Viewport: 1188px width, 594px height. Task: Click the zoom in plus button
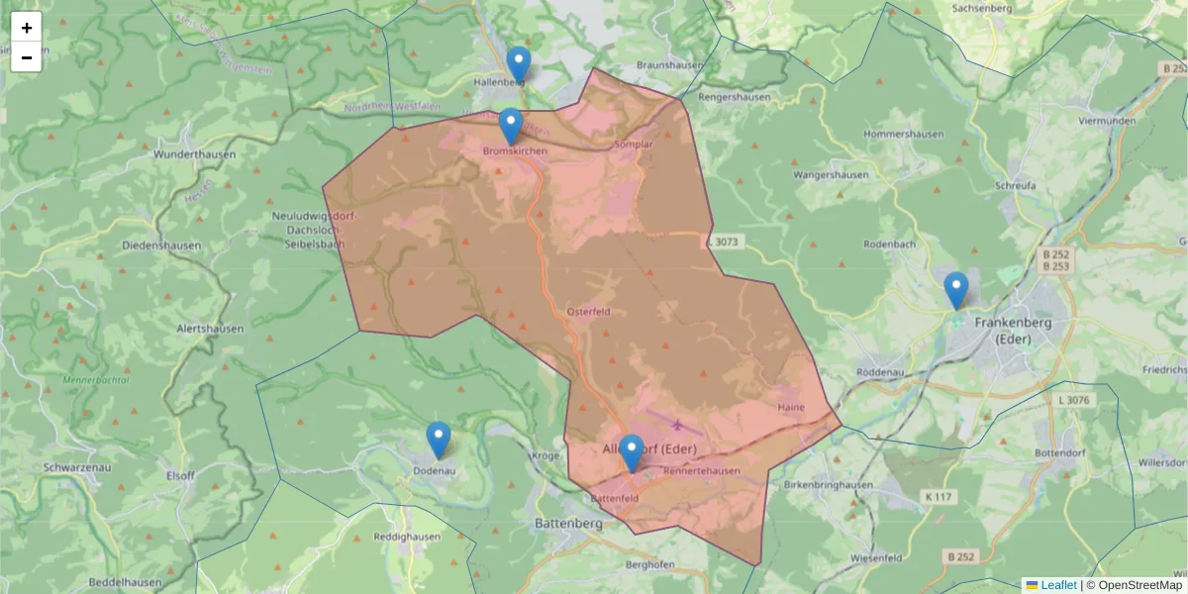click(x=27, y=28)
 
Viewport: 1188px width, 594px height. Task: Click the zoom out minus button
click(x=27, y=57)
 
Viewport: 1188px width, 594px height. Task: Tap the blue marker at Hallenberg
click(x=519, y=65)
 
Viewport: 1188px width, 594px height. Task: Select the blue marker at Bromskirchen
click(x=511, y=127)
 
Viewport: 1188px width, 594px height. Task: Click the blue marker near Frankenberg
click(x=955, y=291)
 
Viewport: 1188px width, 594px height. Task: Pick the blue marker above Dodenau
click(x=438, y=441)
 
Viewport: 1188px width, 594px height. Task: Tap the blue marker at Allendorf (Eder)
click(x=631, y=453)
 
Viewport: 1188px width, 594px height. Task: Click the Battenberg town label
click(x=568, y=522)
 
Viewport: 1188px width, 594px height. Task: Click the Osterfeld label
click(x=587, y=311)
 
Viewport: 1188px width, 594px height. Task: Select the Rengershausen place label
click(x=735, y=97)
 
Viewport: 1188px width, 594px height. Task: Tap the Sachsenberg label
click(x=981, y=8)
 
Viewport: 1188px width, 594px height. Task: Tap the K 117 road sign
click(x=940, y=495)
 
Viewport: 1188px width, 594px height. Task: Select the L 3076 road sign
click(x=1073, y=400)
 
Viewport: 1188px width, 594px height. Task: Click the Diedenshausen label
click(x=161, y=245)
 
